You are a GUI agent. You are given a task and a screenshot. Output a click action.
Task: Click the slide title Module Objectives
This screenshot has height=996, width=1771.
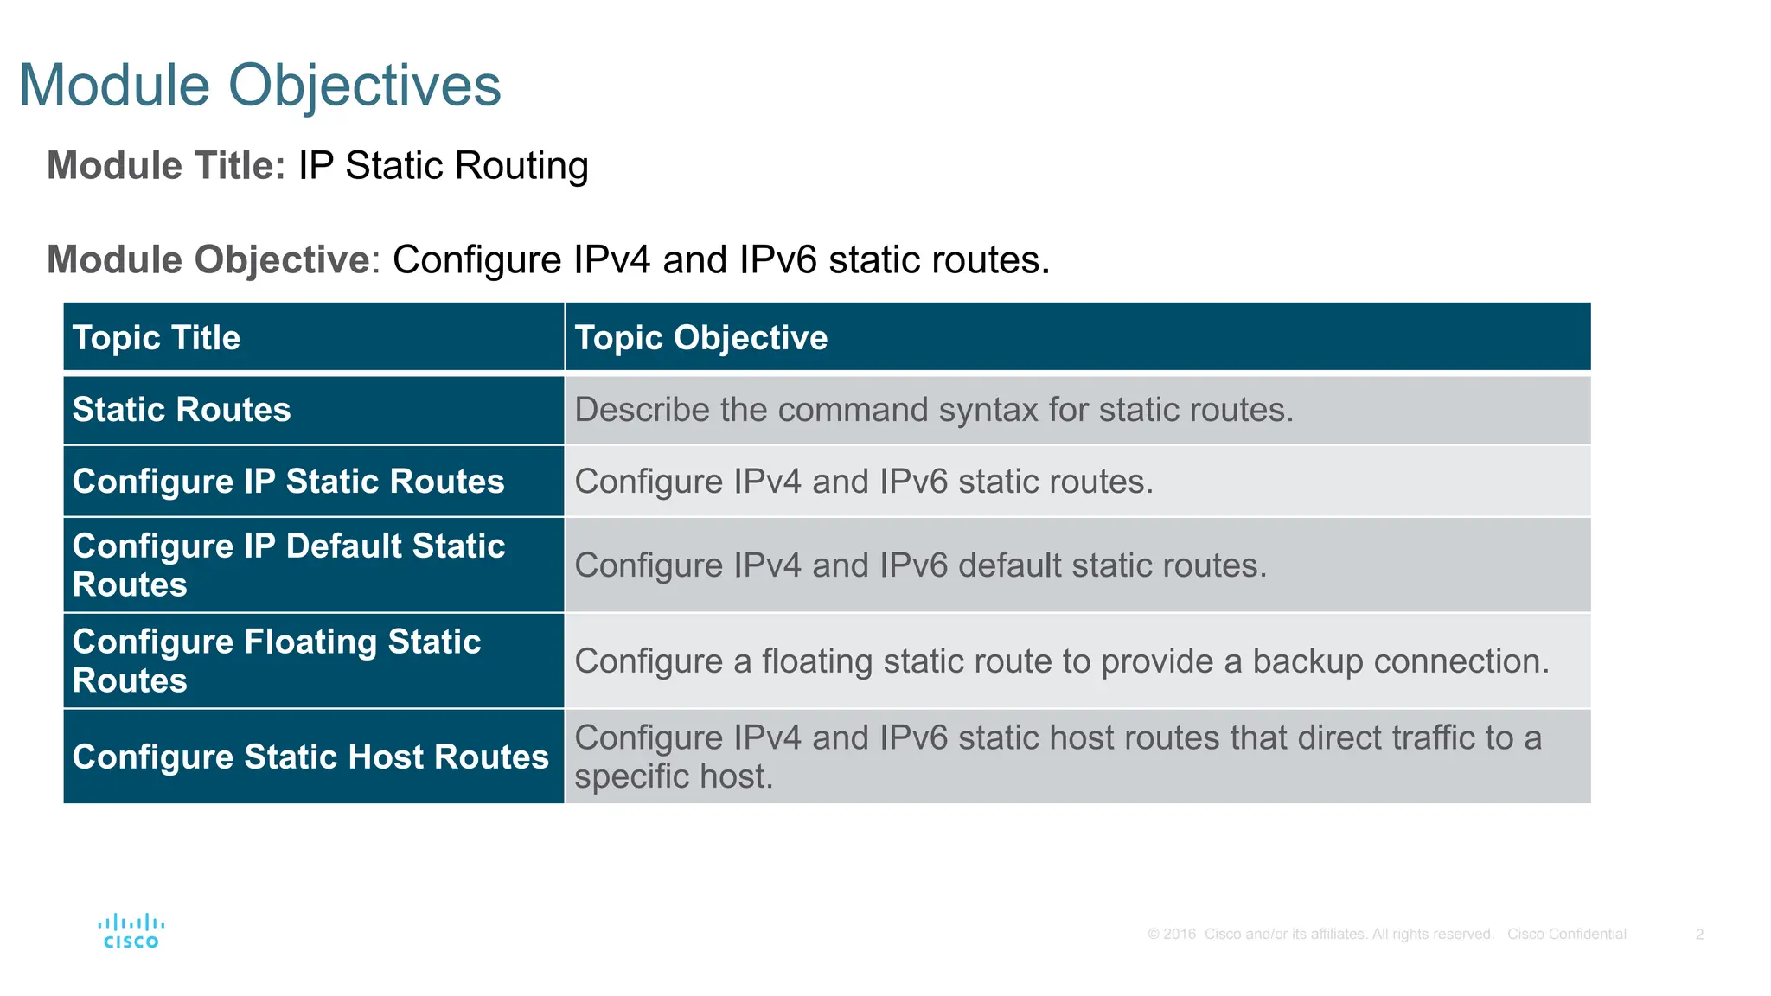[259, 86]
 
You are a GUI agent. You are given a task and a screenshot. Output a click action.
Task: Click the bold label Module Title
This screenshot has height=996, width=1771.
[165, 165]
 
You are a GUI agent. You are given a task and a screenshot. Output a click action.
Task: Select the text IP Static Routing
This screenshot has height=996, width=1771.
[443, 165]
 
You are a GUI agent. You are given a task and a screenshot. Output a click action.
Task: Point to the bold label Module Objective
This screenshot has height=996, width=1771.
[208, 259]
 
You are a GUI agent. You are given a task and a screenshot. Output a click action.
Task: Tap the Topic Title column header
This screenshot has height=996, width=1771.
[157, 337]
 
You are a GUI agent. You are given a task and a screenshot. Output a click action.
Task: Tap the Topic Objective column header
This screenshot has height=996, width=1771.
[700, 337]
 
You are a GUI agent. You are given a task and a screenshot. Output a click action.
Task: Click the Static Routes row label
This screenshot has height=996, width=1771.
[182, 410]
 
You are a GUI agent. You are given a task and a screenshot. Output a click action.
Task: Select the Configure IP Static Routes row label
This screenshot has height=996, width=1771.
[288, 482]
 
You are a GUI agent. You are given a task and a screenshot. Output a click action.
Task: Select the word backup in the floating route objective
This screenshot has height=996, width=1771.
[1307, 661]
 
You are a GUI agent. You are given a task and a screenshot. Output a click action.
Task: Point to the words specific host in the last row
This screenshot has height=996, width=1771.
[673, 776]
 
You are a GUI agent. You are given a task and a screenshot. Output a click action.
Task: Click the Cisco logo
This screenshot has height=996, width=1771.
[131, 931]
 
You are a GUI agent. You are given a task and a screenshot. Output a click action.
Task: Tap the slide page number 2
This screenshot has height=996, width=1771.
[1699, 934]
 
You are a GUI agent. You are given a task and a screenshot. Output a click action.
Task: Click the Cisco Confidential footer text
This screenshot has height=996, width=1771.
[1566, 934]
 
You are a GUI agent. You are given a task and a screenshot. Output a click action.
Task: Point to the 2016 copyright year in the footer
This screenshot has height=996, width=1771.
[1180, 934]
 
